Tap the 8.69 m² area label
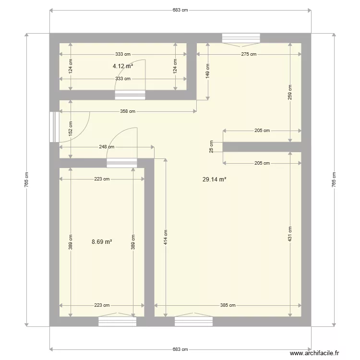pyautogui.click(x=102, y=242)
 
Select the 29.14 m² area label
pyautogui.click(x=214, y=180)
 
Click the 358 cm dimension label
pyautogui.click(x=128, y=111)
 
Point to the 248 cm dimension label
pyautogui.click(x=107, y=147)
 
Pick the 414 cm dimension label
pyautogui.click(x=165, y=237)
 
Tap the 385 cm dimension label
pyautogui.click(x=228, y=305)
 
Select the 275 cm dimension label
pyautogui.click(x=249, y=54)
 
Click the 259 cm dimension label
pyautogui.click(x=290, y=92)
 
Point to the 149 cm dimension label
pyautogui.click(x=208, y=71)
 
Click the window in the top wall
pyautogui.click(x=241, y=38)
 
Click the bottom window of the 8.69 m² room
pyautogui.click(x=117, y=322)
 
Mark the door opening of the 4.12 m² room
pyautogui.click(x=130, y=95)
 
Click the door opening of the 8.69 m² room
pyautogui.click(x=121, y=163)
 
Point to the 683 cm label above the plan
pyautogui.click(x=180, y=10)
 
